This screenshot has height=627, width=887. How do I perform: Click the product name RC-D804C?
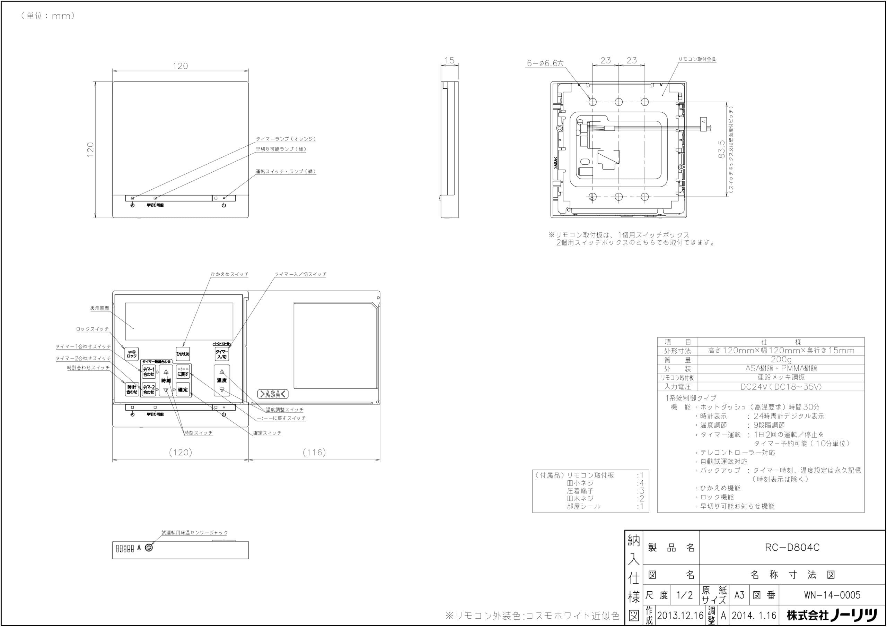(x=792, y=547)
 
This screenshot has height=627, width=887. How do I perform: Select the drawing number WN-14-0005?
(x=832, y=595)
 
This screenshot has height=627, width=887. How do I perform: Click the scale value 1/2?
(x=685, y=595)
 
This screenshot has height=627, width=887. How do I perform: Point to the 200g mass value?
(x=781, y=360)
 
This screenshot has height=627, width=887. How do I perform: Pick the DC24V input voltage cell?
(x=781, y=387)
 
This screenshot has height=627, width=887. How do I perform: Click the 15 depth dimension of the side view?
(x=449, y=61)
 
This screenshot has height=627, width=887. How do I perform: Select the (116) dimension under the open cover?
(x=314, y=452)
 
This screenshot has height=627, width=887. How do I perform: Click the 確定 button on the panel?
(x=183, y=390)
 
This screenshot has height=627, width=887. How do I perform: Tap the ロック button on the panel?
(x=132, y=354)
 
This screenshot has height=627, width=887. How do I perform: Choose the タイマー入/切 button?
(x=222, y=354)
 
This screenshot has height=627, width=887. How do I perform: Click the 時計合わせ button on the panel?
(x=132, y=389)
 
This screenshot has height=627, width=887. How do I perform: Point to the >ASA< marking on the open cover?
(x=273, y=394)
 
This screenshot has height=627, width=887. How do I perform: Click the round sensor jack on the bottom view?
(x=148, y=547)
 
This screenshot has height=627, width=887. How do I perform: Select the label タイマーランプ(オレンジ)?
(x=286, y=139)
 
